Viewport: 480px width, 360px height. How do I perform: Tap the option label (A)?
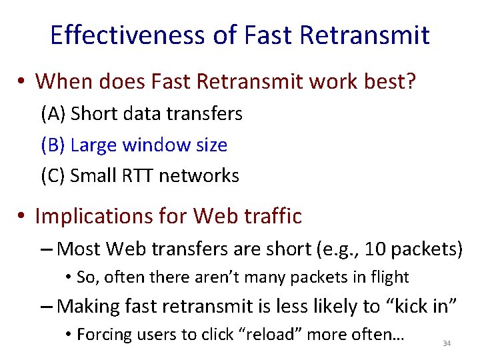click(x=54, y=114)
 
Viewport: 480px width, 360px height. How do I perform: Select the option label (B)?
click(x=53, y=145)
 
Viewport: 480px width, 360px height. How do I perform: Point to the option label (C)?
click(x=53, y=176)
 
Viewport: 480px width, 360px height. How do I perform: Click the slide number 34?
click(x=447, y=343)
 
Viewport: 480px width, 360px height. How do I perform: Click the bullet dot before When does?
click(x=23, y=82)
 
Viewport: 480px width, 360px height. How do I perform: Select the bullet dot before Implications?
click(x=23, y=217)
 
